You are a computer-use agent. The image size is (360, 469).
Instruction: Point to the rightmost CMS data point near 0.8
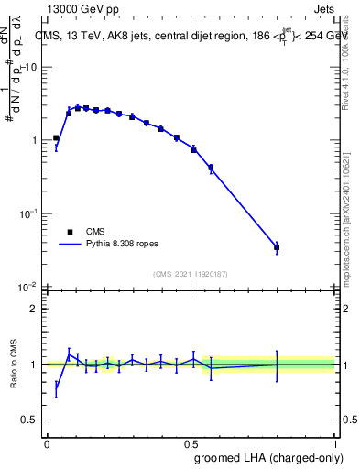pyautogui.click(x=277, y=247)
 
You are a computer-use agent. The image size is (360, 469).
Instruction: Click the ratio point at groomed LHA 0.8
pyautogui.click(x=277, y=365)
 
